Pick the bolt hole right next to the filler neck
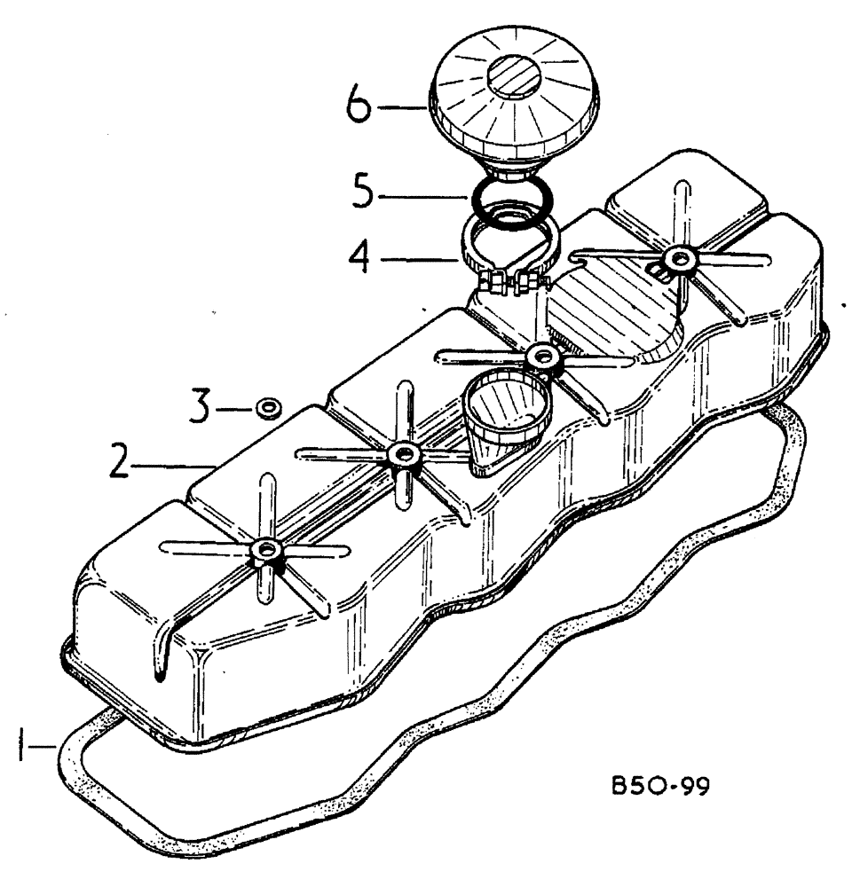540,357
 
